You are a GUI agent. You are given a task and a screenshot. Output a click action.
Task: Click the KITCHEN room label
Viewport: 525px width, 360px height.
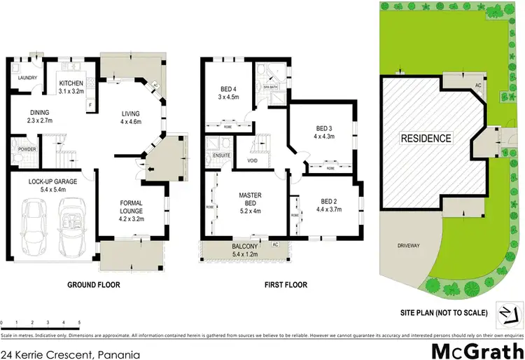(x=71, y=84)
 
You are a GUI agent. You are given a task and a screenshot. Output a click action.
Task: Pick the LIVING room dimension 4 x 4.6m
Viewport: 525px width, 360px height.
(x=130, y=121)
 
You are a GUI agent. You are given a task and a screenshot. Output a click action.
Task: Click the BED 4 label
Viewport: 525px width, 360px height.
(x=228, y=89)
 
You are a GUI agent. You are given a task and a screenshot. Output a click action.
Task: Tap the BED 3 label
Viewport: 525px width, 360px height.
(x=324, y=127)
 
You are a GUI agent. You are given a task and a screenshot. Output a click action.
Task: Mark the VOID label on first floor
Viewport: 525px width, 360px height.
(x=251, y=161)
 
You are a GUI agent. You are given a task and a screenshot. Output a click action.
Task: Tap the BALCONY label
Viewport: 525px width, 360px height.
(x=245, y=246)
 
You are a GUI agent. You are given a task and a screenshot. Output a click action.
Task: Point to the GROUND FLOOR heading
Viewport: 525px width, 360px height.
(x=93, y=285)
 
